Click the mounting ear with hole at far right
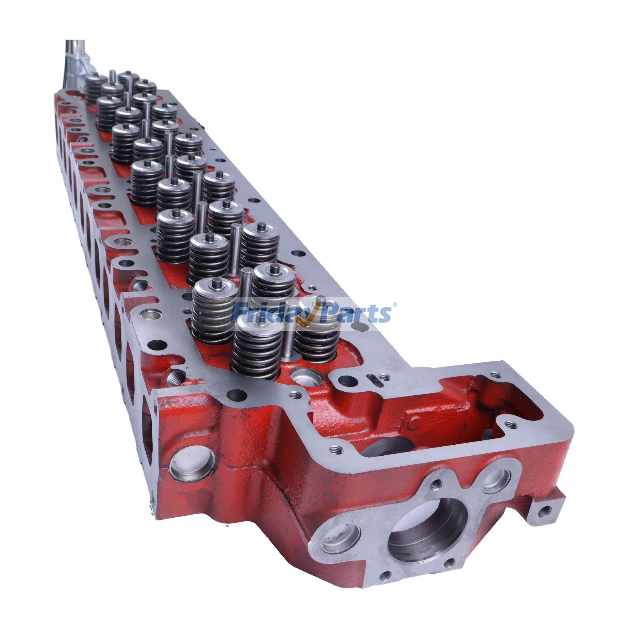click(x=544, y=510)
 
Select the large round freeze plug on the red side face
click(x=193, y=466)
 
